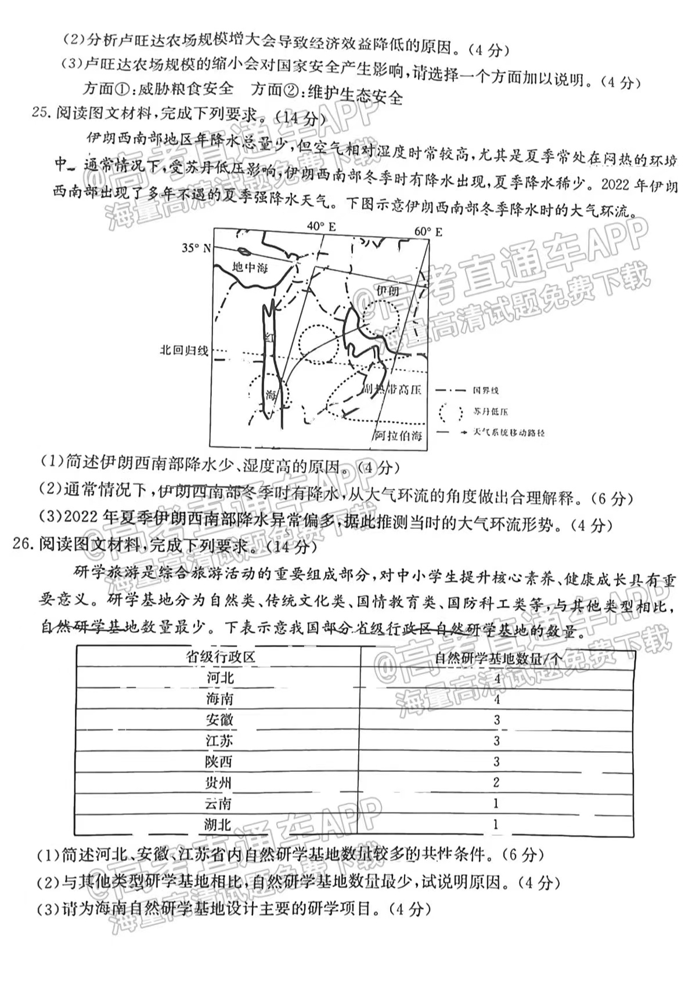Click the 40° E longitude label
click(321, 226)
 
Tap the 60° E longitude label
click(428, 232)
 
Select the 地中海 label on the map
click(250, 268)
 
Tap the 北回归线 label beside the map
click(184, 350)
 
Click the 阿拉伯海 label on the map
click(398, 436)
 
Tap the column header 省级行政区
click(220, 657)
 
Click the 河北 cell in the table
click(220, 677)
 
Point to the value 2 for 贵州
click(496, 782)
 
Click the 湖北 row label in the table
click(218, 825)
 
